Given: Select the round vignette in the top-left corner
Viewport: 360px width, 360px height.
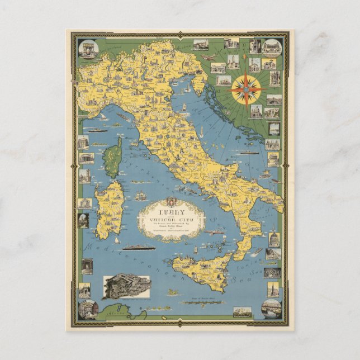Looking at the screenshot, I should tap(88, 49).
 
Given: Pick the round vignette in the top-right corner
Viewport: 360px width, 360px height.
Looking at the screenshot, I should tap(272, 48).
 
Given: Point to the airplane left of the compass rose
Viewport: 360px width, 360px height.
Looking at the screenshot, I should tap(208, 58).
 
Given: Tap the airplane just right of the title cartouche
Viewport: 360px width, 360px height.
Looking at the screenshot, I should tap(213, 230).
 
